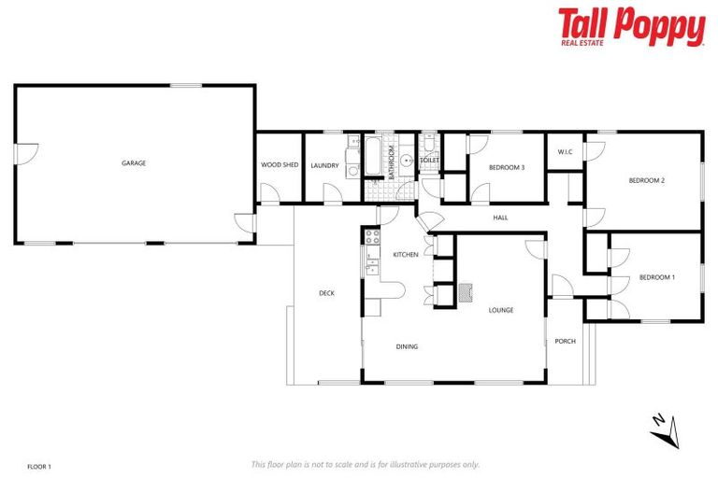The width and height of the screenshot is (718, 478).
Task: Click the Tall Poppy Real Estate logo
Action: [631, 27]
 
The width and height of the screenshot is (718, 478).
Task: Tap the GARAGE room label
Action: [134, 163]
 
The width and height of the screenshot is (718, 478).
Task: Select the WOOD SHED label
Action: [280, 165]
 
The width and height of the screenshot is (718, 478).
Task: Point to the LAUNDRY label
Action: [324, 165]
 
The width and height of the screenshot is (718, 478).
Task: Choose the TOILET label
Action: [429, 161]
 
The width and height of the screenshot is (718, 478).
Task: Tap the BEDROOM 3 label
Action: [507, 167]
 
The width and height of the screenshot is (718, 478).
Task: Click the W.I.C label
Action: [565, 151]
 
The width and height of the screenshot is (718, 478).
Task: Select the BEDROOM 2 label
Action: [646, 180]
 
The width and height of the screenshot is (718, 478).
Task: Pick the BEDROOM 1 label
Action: [656, 277]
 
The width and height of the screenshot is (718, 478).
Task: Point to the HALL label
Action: [500, 218]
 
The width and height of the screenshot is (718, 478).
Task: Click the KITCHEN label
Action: [405, 255]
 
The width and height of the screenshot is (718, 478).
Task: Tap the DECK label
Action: [326, 293]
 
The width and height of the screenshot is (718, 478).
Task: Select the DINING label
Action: [407, 346]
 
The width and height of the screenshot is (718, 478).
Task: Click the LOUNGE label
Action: [501, 310]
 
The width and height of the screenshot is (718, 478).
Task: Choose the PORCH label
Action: [565, 341]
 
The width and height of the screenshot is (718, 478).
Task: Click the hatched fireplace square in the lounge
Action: [466, 293]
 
